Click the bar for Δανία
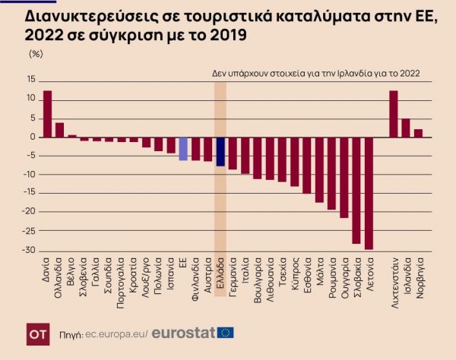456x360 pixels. [47, 114]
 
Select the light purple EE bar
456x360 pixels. [183, 149]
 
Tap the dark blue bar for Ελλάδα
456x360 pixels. [220, 151]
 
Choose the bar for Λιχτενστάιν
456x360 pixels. [394, 114]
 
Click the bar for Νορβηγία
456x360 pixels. [418, 133]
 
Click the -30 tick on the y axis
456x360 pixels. [29, 251]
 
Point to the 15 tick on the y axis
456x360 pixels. [31, 79]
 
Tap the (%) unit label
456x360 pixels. [36, 54]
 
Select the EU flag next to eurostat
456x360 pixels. [226, 333]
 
